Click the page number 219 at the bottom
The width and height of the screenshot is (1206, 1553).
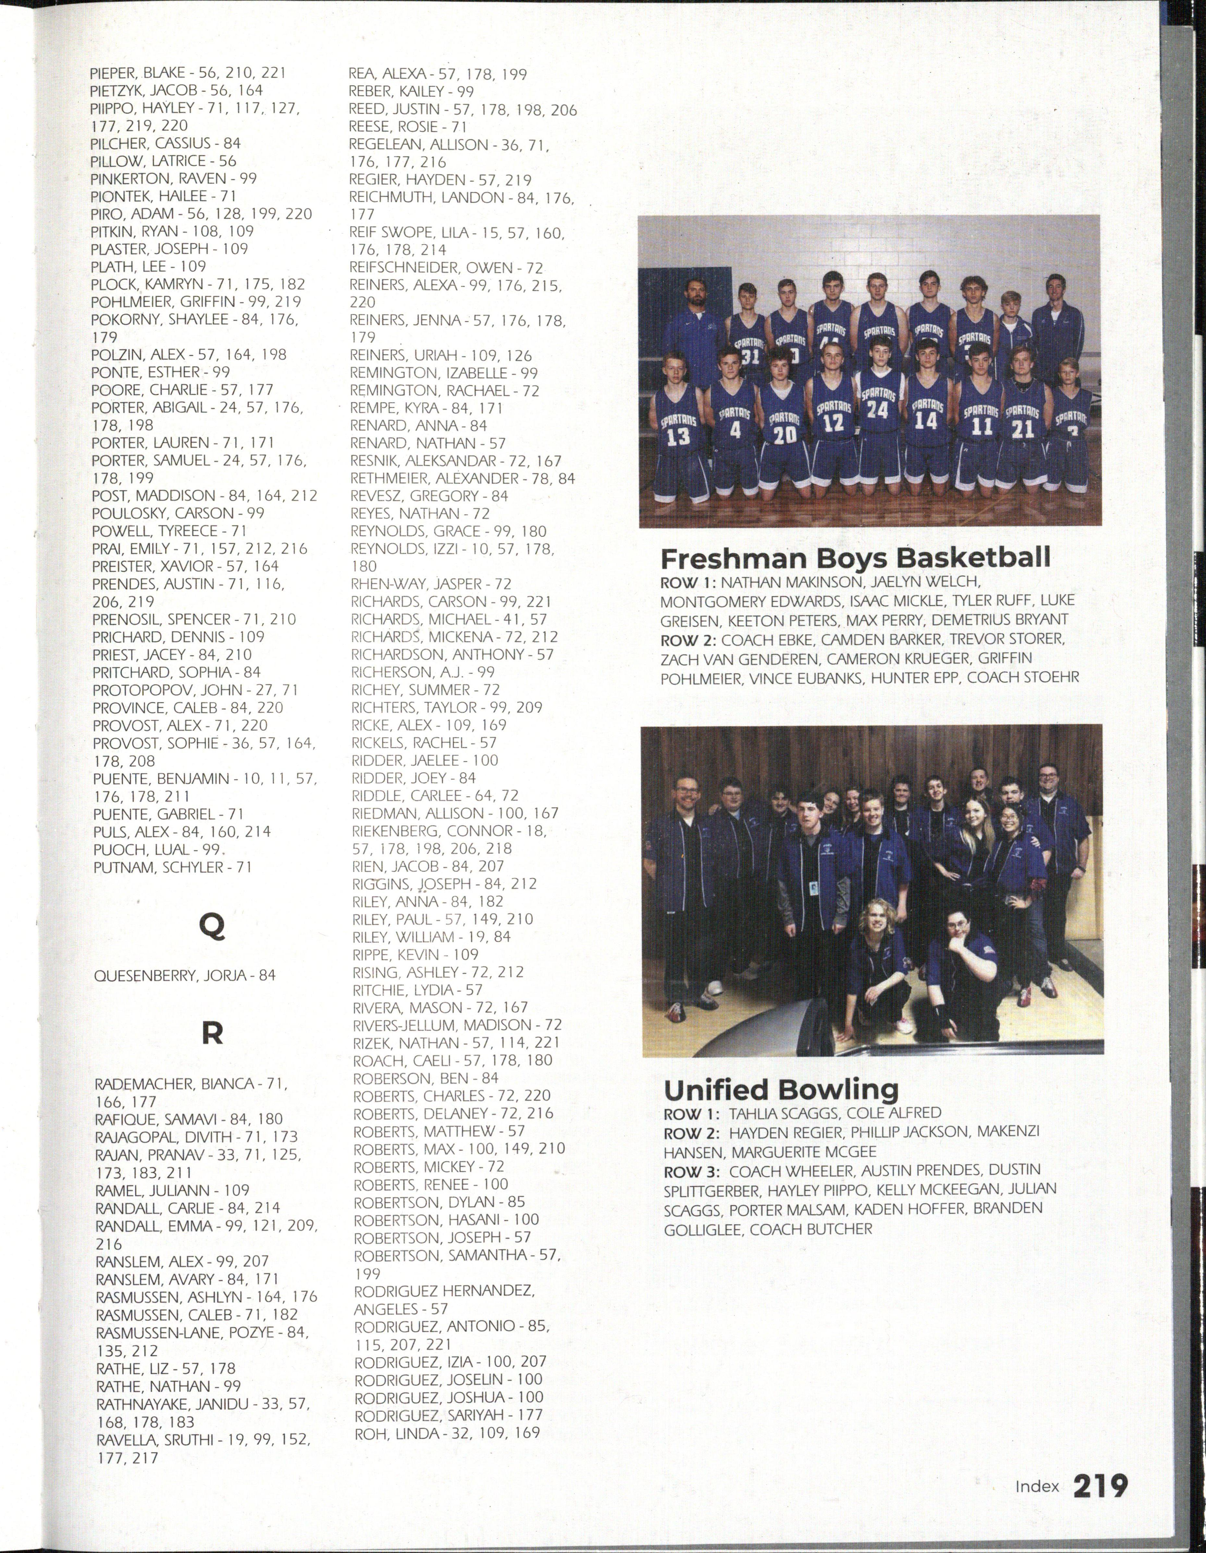coord(1099,1486)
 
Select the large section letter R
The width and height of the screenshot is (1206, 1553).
coord(212,1033)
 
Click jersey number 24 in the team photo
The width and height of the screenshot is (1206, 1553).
coord(878,410)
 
